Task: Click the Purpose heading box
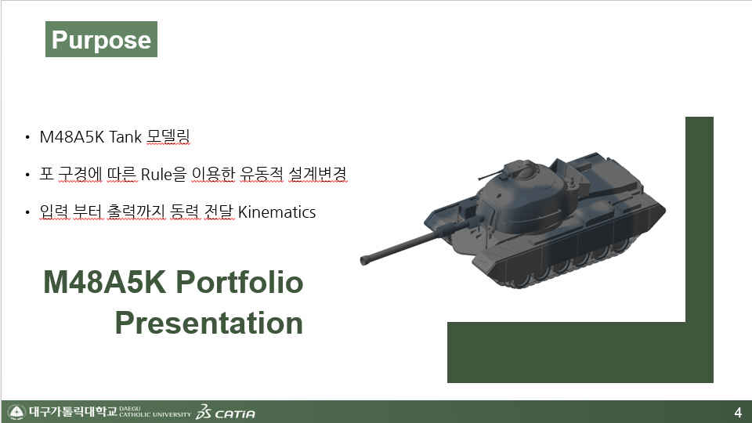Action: tap(101, 39)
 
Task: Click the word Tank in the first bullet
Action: tap(125, 136)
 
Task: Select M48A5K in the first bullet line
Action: tap(71, 136)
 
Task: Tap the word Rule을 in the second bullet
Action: tap(163, 174)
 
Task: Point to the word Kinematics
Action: tap(277, 212)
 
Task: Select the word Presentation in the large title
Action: tap(209, 323)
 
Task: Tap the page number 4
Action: tap(738, 413)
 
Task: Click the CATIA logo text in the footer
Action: tap(235, 414)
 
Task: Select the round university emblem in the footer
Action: tap(16, 412)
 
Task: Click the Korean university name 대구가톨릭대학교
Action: tap(73, 411)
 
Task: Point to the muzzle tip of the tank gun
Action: tap(363, 260)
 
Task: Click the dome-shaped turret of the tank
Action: tap(522, 197)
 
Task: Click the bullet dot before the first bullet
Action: tap(27, 138)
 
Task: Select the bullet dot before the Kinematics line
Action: tap(27, 213)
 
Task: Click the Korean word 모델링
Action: tap(168, 136)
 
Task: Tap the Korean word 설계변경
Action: tap(317, 174)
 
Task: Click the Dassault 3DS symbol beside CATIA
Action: tap(204, 412)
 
